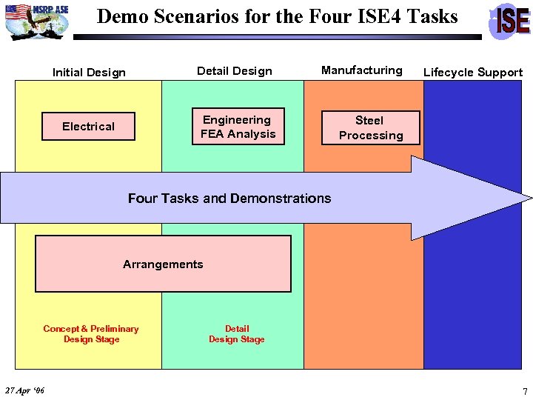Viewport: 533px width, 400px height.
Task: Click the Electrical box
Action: click(x=88, y=127)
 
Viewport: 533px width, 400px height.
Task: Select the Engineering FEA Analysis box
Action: click(x=238, y=127)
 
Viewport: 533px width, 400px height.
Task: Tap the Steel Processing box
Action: click(x=369, y=127)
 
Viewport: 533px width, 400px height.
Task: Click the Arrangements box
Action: click(x=163, y=264)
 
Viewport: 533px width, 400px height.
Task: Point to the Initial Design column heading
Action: click(x=89, y=73)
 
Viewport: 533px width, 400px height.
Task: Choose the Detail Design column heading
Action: click(x=235, y=71)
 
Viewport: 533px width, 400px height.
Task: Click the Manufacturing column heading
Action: click(x=362, y=70)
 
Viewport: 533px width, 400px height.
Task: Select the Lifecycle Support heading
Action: click(x=473, y=73)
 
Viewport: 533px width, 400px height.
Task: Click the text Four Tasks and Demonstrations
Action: click(x=229, y=199)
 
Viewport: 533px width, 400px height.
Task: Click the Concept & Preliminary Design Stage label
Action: click(x=91, y=334)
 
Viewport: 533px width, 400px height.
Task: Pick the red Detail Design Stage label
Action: click(x=237, y=334)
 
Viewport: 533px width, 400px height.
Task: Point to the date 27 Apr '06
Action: click(x=24, y=390)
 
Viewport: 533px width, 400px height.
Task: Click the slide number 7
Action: click(x=525, y=390)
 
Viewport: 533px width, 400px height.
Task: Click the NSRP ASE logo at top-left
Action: click(x=37, y=20)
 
